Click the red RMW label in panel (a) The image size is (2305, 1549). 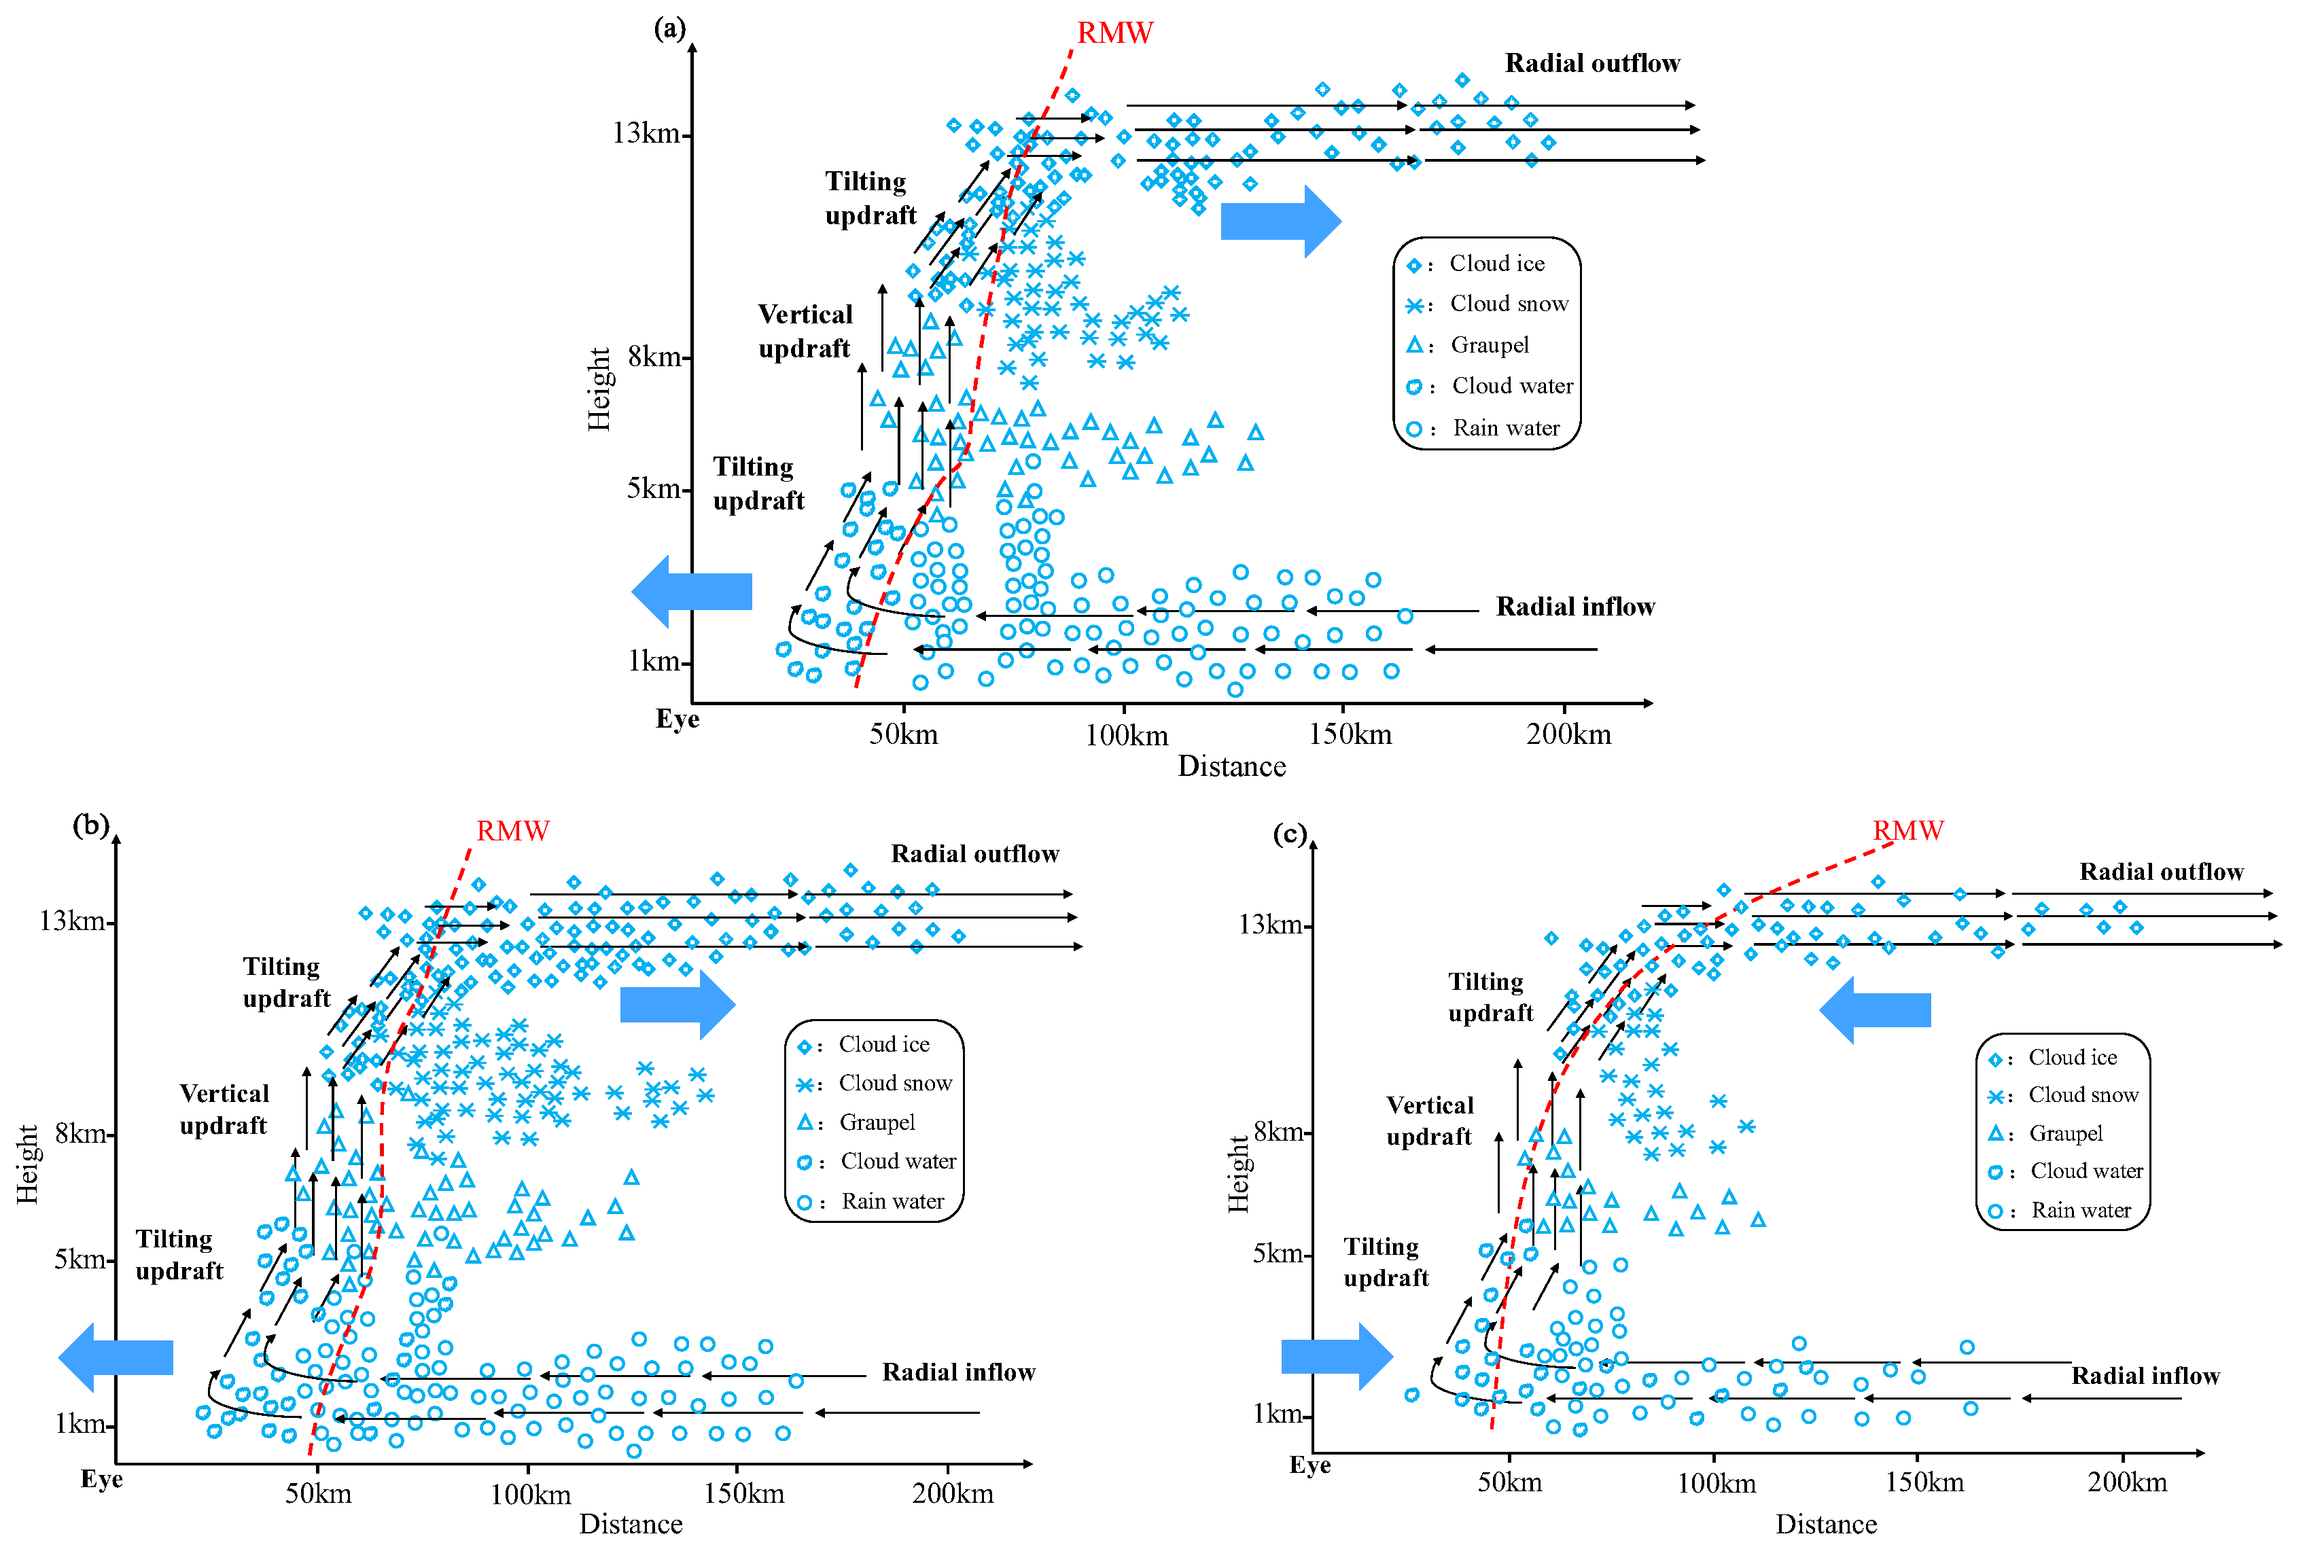1114,33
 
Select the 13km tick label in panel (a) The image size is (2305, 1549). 646,132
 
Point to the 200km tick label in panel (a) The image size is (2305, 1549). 1568,734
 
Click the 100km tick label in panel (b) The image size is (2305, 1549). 531,1494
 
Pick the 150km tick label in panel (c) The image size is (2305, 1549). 1924,1482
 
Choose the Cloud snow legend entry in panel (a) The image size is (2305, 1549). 1508,304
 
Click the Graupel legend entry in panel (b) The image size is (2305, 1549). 877,1122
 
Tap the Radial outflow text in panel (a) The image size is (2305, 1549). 1591,63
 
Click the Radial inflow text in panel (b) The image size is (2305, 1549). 958,1372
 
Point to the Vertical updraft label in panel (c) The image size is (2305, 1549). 1430,1120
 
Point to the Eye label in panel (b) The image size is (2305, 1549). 102,1479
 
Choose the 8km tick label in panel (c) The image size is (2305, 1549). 1278,1131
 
